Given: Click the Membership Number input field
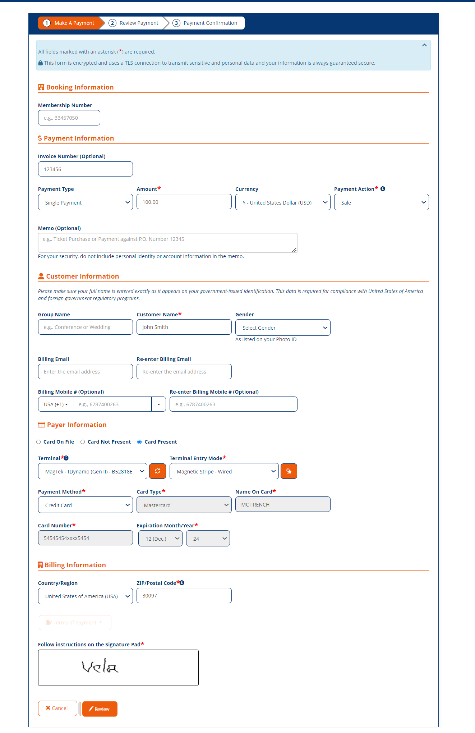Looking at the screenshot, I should click(69, 118).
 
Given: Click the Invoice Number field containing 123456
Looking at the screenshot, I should click(85, 169).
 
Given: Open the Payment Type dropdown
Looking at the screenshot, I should click(85, 202).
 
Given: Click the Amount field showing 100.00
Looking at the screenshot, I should click(184, 202).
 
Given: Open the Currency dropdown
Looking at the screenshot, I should click(282, 202).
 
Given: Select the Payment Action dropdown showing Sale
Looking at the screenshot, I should click(381, 202).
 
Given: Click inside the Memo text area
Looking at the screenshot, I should click(167, 243).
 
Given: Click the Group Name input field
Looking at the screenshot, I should click(85, 327).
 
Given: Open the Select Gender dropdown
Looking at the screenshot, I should click(282, 327).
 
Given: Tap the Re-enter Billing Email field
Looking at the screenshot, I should click(184, 372).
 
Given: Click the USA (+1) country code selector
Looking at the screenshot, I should click(56, 404).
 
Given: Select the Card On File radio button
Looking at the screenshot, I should click(38, 442).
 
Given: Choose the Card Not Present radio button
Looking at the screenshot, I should click(83, 442).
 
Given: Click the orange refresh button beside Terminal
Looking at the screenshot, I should click(157, 471).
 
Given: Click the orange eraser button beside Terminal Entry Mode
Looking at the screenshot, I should click(289, 471).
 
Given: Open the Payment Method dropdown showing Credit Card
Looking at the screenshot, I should click(85, 505).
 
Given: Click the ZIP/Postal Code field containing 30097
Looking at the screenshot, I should click(184, 596).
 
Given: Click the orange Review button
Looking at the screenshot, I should click(100, 709).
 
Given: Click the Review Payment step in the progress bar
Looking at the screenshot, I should click(134, 23).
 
